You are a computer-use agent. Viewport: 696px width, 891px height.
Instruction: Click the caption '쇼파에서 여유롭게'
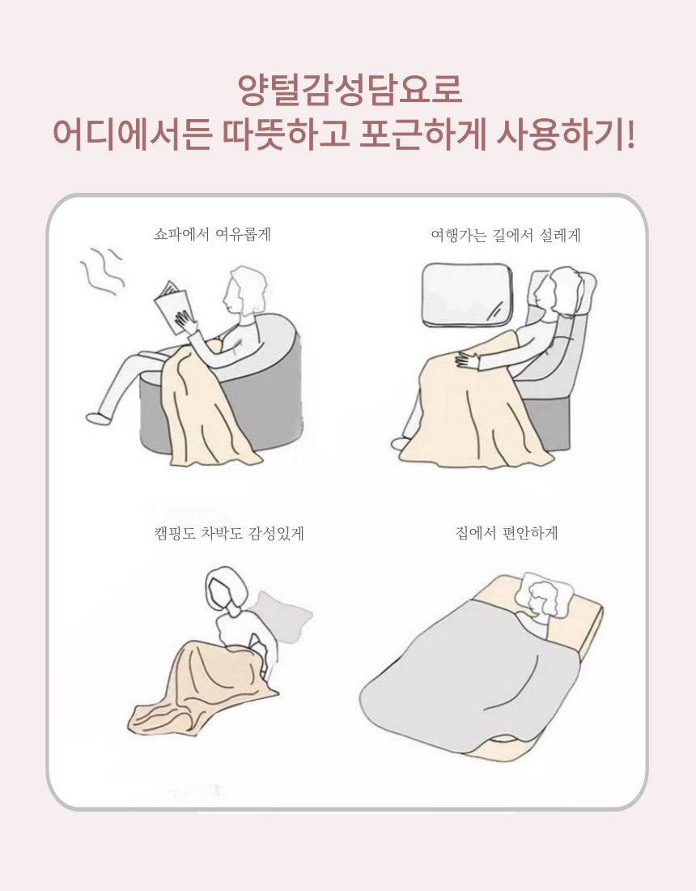point(212,234)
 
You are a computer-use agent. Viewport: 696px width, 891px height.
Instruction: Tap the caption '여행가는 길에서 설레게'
point(506,235)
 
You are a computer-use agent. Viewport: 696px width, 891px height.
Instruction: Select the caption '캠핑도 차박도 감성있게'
point(229,533)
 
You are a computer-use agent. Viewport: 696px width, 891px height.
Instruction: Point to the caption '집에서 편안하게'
point(507,533)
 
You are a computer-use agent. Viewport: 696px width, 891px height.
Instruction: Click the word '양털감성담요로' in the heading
point(350,90)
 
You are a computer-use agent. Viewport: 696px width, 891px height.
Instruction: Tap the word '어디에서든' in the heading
point(132,135)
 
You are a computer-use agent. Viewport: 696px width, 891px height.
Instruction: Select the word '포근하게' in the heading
point(423,135)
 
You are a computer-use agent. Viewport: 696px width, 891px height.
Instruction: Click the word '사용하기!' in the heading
point(566,135)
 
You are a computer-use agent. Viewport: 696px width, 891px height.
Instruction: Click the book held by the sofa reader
point(172,307)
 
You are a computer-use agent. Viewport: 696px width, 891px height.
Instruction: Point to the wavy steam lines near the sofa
point(102,271)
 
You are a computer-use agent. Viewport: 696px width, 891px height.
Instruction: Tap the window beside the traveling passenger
point(467,296)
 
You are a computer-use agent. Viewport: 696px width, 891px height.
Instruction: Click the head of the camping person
point(227,588)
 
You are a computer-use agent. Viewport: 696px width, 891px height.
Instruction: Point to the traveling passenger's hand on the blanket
point(468,360)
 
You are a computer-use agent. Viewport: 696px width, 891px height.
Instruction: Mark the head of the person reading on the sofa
point(244,290)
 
